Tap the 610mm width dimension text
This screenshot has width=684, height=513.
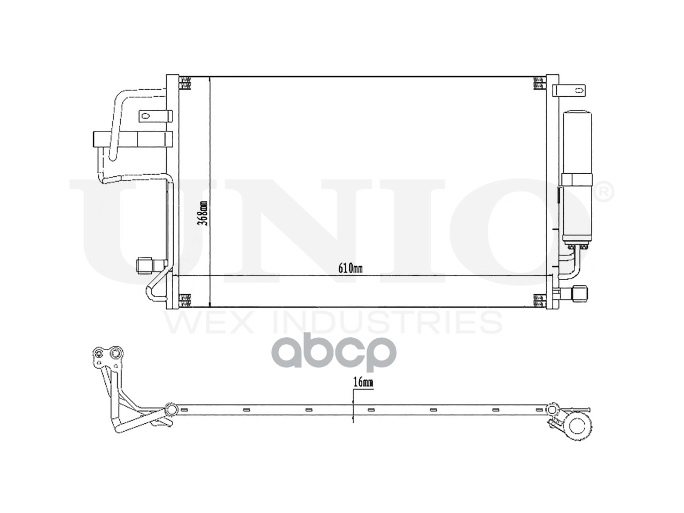coord(350,268)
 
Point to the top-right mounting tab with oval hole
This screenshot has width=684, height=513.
coord(569,90)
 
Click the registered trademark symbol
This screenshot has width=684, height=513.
coord(604,192)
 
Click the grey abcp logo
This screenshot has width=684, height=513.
coord(335,352)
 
